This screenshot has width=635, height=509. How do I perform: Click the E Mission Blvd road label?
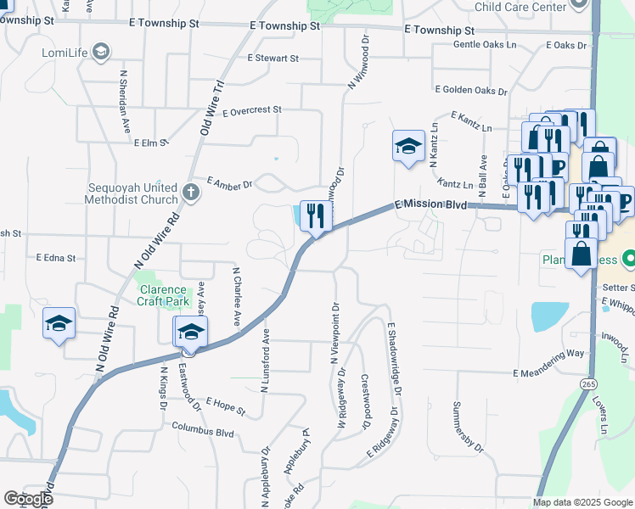click(432, 204)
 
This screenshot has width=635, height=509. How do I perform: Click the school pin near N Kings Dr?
click(191, 333)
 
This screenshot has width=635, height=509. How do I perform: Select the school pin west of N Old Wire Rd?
click(59, 323)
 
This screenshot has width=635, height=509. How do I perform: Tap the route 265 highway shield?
click(589, 384)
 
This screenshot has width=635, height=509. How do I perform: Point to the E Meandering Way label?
click(548, 372)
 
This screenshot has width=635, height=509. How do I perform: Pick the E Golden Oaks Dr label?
click(470, 90)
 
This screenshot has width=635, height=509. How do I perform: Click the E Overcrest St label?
click(251, 110)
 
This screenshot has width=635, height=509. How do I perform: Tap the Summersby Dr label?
click(468, 426)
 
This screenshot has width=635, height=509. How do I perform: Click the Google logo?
click(29, 499)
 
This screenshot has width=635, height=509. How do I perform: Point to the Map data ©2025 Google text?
click(583, 502)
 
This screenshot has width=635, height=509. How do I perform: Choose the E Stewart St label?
click(273, 59)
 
